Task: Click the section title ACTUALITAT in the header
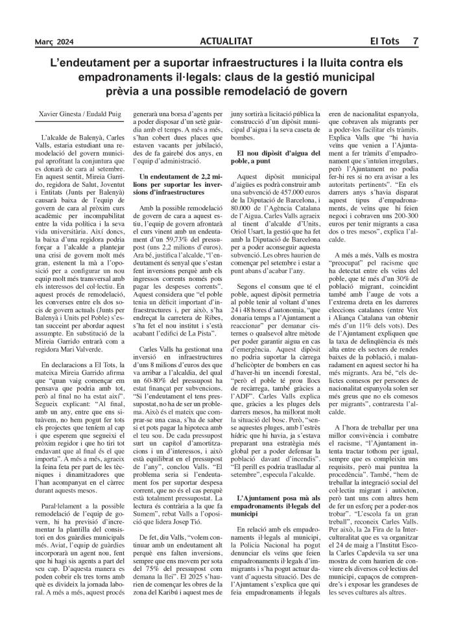[x=227, y=42]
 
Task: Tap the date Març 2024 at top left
[x=54, y=42]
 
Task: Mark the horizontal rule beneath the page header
[x=227, y=48]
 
